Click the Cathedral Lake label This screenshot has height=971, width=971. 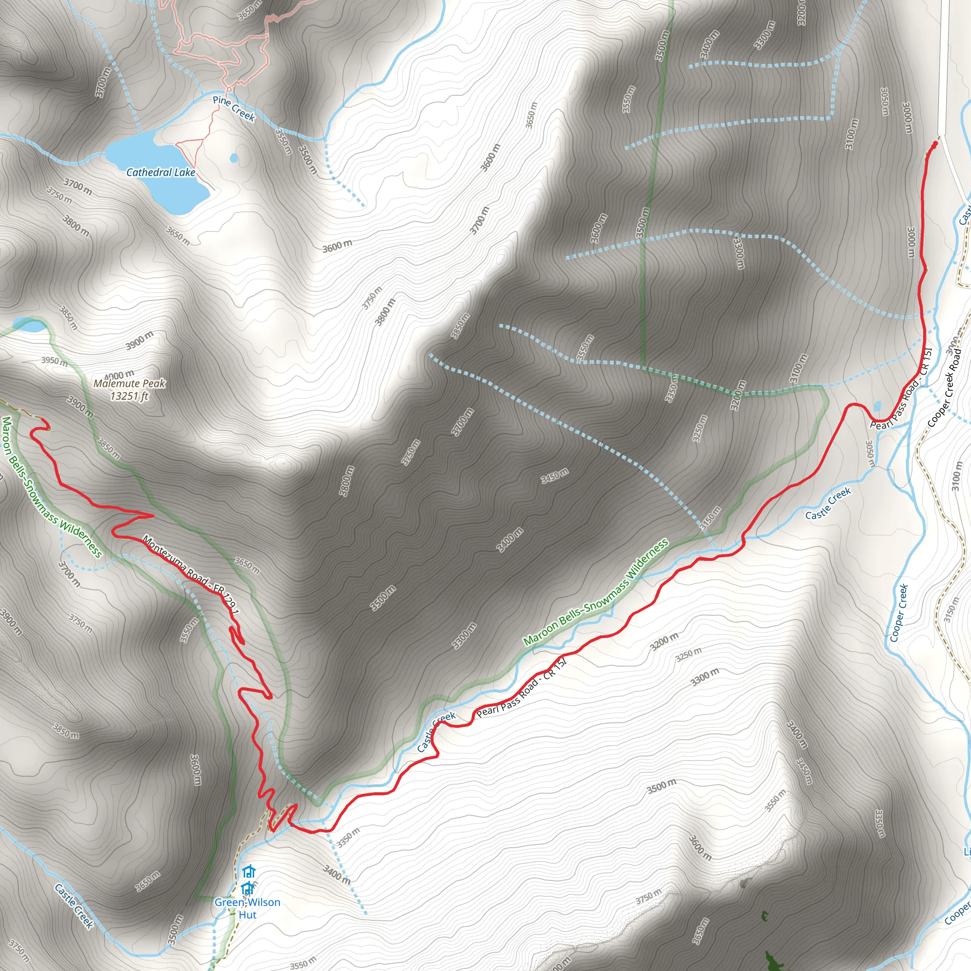click(160, 173)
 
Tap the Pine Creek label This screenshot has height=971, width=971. click(234, 109)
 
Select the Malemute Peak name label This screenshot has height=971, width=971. click(129, 384)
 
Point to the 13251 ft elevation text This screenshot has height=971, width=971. click(129, 396)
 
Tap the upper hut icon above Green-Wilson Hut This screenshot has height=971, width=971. click(249, 871)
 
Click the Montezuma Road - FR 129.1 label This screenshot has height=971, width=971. click(191, 575)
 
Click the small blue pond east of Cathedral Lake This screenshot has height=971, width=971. click(234, 159)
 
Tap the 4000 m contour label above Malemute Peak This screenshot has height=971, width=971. click(119, 375)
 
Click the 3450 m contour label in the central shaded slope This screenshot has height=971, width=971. click(555, 475)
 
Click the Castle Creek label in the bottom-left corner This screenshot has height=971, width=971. click(74, 906)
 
